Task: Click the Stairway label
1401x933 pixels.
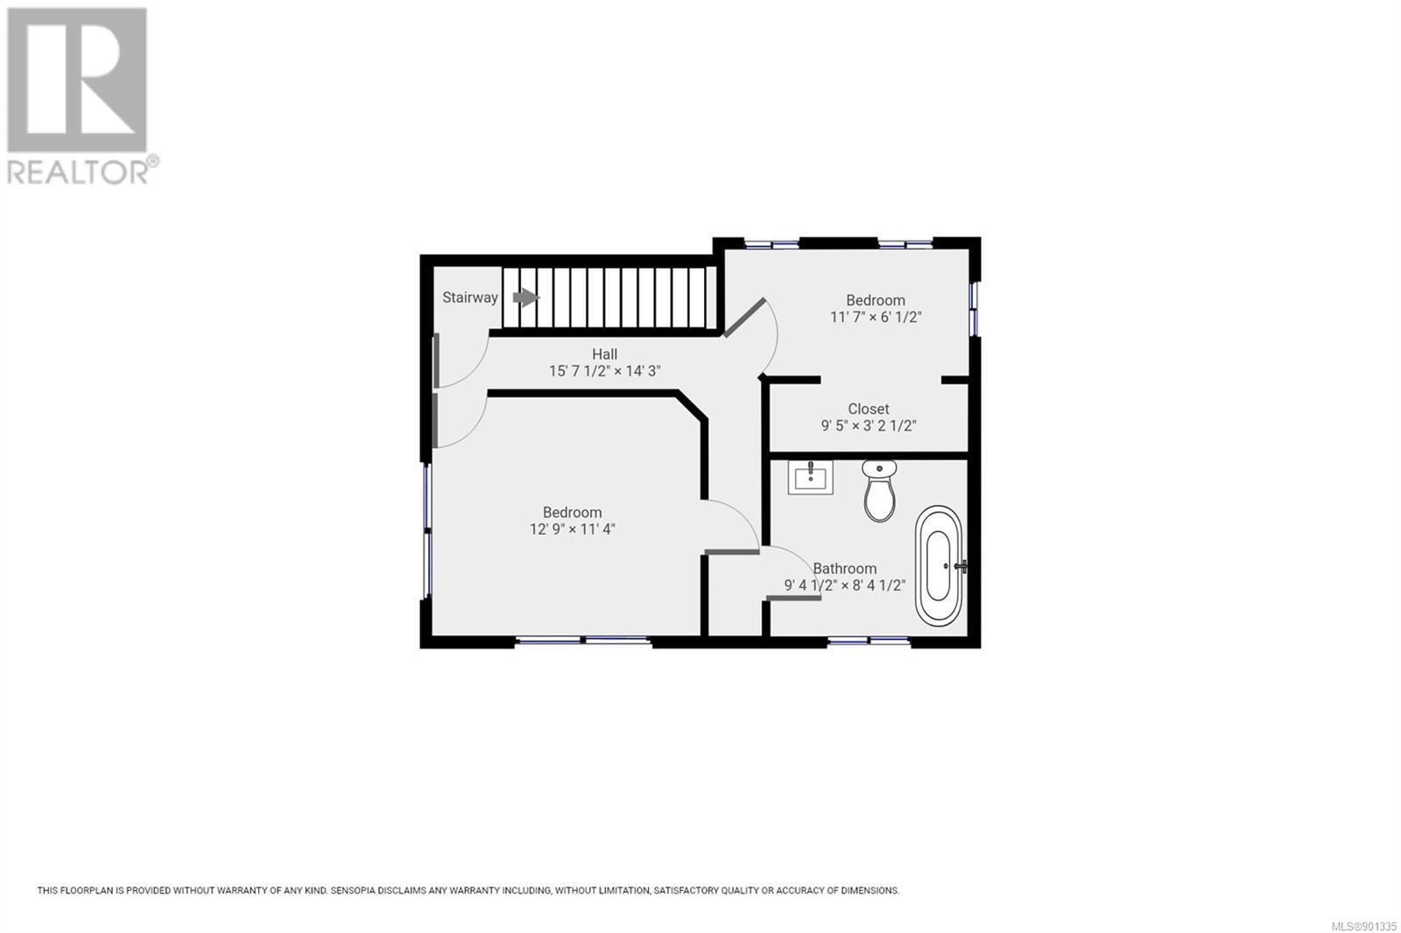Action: (469, 298)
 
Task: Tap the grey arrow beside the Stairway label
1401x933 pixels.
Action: (525, 298)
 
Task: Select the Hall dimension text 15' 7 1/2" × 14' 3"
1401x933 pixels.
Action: (605, 371)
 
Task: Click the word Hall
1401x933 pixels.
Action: (605, 354)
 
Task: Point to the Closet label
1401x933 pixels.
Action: (868, 409)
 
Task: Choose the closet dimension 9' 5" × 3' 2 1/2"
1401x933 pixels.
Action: (868, 426)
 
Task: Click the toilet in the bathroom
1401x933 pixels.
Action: (879, 490)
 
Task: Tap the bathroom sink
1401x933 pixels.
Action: (810, 477)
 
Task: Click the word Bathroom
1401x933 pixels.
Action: (844, 569)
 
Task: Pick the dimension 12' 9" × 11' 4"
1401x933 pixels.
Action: (573, 530)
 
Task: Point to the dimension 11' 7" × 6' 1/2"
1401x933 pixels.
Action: (876, 317)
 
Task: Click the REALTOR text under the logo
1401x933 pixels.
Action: (78, 172)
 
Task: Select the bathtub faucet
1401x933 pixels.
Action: (961, 566)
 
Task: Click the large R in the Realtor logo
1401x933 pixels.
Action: (77, 80)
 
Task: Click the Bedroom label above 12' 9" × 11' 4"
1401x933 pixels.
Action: (573, 513)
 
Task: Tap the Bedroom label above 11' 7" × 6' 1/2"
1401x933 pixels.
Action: (876, 300)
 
